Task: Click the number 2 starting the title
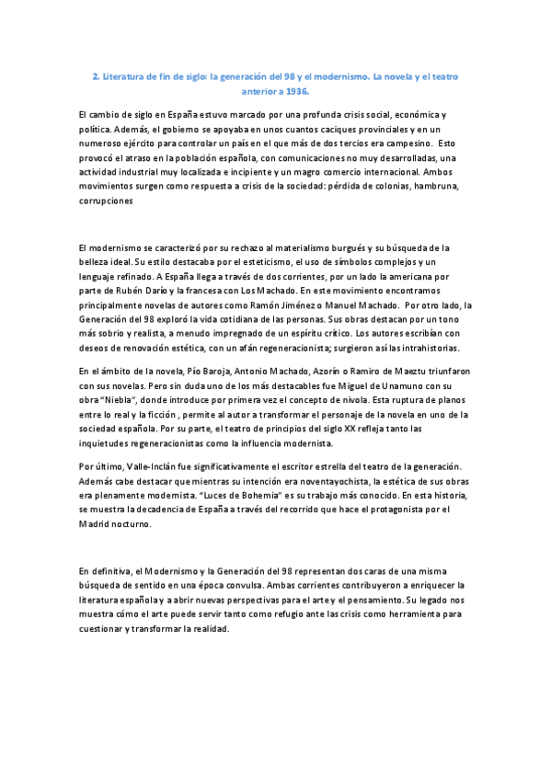[x=96, y=77]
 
